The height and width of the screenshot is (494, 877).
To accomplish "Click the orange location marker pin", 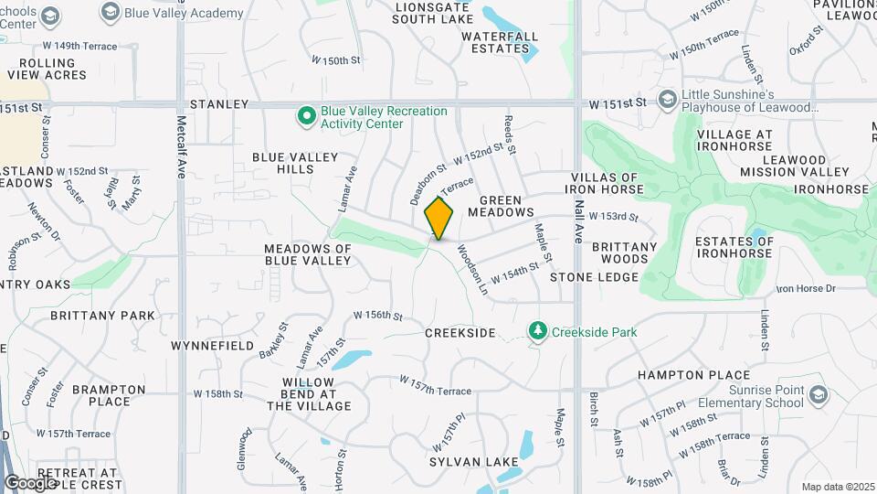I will click(x=439, y=219).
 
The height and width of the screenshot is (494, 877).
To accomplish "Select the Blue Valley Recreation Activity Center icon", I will click(x=308, y=117).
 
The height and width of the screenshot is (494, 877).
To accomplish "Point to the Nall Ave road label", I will click(x=578, y=220).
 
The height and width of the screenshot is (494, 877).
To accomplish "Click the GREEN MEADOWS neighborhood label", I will click(x=501, y=206).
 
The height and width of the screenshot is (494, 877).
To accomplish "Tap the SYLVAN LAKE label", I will click(x=467, y=462).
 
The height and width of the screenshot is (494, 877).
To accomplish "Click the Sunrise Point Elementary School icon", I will click(x=818, y=395).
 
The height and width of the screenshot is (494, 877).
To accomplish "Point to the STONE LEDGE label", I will click(x=592, y=276).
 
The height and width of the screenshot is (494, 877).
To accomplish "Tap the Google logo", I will click(x=30, y=482).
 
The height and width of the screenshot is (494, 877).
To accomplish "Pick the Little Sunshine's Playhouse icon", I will click(x=668, y=99).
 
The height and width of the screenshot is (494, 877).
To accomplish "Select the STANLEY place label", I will click(x=219, y=105).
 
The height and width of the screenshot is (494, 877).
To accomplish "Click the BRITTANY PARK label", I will click(x=102, y=316).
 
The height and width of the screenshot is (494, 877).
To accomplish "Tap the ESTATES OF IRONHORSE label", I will click(x=734, y=248).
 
